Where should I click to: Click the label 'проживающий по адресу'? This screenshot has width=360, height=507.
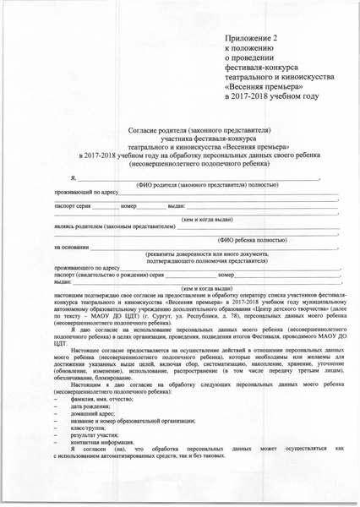(81, 194)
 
